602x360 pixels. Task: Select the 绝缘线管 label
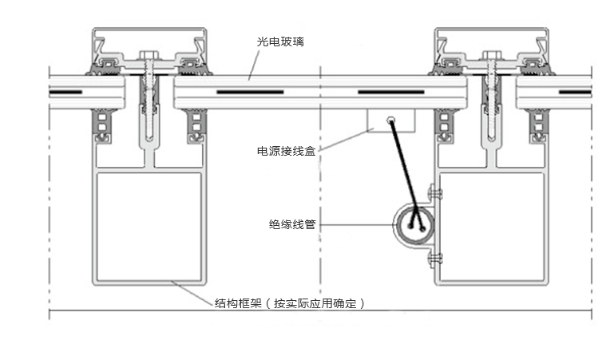pos(292,224)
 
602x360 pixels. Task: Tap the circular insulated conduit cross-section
pos(413,224)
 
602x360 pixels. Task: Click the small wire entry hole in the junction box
pos(390,121)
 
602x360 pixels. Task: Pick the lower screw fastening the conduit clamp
pos(436,257)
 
